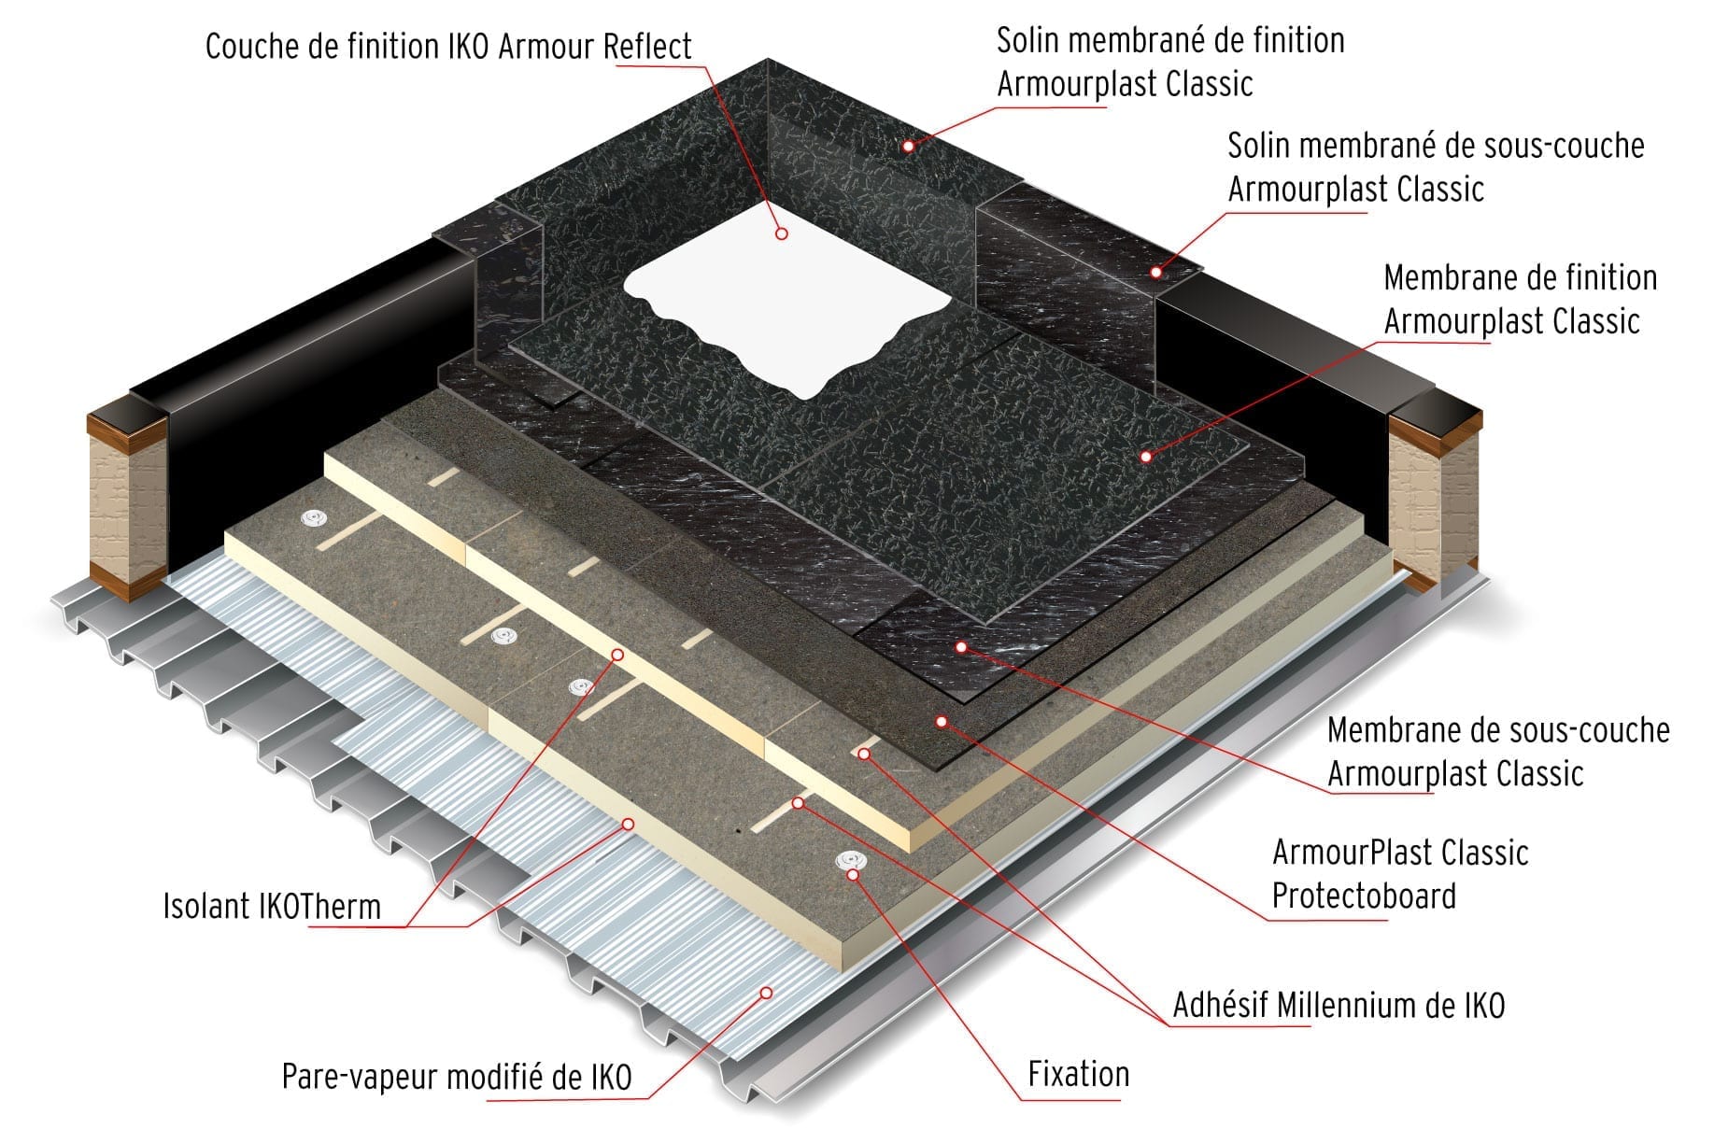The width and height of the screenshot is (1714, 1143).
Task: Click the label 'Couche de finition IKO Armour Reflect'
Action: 447,46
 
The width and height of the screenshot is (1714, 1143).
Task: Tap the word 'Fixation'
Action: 1078,1074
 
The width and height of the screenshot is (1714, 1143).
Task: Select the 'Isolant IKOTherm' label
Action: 272,907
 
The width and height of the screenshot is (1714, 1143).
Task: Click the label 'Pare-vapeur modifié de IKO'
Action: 457,1077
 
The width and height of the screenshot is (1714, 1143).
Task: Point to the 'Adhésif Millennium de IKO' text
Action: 1339,1005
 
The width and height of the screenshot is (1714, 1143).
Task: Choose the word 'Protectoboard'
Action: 1364,896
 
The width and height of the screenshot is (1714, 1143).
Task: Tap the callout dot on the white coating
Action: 782,233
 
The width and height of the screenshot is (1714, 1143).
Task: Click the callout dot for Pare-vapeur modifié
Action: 766,993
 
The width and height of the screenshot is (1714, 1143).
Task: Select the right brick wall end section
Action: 1434,490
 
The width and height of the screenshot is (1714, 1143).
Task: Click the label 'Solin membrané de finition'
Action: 1169,40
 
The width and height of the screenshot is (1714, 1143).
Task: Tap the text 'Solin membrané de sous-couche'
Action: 1435,146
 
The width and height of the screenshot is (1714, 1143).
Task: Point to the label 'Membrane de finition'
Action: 1520,277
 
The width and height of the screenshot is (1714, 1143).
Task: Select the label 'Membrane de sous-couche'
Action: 1497,729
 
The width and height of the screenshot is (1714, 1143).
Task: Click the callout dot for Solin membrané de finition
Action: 908,146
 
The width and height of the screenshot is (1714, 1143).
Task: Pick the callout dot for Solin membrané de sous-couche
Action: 1155,272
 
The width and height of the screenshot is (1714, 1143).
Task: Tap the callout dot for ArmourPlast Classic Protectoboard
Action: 942,722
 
